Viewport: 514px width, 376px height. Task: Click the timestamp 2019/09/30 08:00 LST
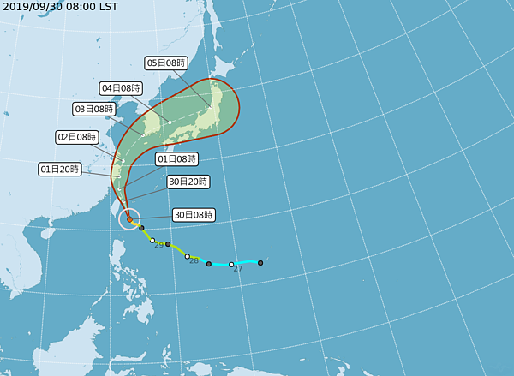click(x=60, y=6)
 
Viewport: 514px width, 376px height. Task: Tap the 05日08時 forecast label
click(x=165, y=63)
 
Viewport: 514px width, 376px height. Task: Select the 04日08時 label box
click(x=121, y=87)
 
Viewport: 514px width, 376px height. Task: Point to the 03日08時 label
click(x=94, y=109)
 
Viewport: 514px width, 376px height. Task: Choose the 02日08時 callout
click(x=76, y=137)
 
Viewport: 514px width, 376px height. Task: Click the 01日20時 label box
click(x=59, y=170)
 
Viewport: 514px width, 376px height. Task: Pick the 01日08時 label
click(x=176, y=158)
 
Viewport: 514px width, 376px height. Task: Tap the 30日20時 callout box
click(x=188, y=182)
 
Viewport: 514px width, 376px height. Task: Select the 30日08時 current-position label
click(x=194, y=214)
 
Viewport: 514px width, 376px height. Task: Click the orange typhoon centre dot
click(x=129, y=219)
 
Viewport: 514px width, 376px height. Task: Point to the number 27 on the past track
click(x=237, y=269)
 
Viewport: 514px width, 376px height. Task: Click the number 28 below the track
click(x=194, y=260)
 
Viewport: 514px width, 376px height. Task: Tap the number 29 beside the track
click(x=158, y=246)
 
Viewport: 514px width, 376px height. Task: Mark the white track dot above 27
click(x=231, y=265)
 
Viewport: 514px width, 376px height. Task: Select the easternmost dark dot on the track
click(x=260, y=262)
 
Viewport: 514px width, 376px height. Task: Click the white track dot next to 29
click(x=152, y=241)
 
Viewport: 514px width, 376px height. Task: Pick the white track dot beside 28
click(x=188, y=256)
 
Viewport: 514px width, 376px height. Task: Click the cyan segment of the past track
click(x=244, y=264)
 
